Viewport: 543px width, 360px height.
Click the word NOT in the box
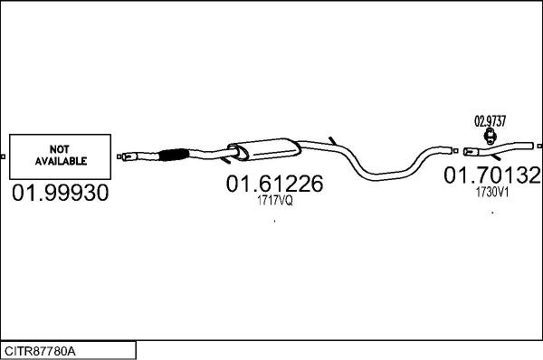coord(59,149)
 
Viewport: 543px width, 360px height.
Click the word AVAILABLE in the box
coord(61,161)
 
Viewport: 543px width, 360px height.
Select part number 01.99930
coord(61,193)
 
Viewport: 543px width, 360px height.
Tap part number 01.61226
coord(274,184)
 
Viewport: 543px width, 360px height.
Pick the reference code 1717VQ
coord(275,201)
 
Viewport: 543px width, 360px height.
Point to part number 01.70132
coord(492,175)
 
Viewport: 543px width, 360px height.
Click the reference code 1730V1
coord(492,193)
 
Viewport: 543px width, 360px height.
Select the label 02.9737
coord(490,121)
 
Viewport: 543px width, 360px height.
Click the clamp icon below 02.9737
coord(490,136)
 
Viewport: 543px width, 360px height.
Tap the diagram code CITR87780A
coord(40,351)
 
